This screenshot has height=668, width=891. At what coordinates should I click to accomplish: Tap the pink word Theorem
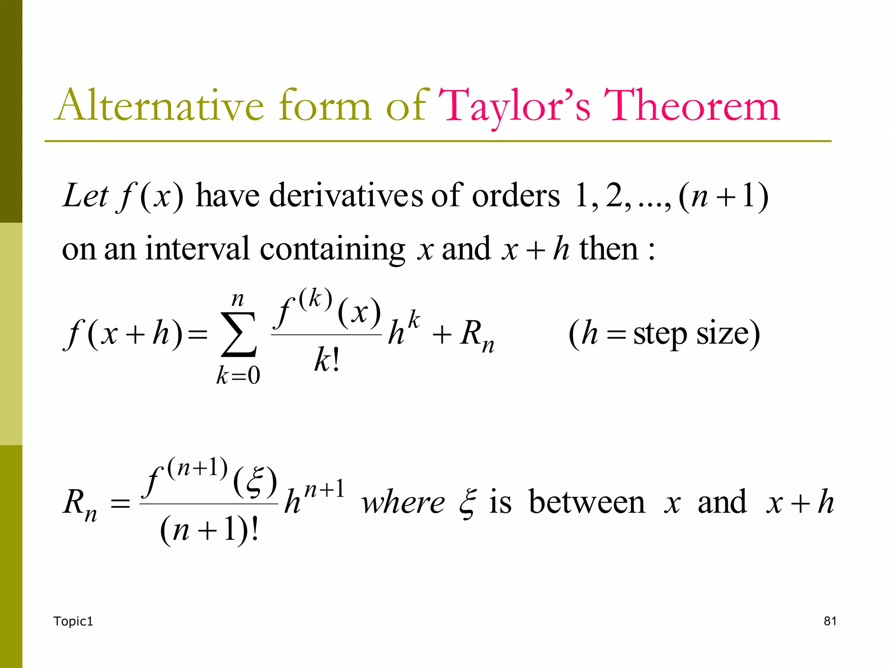pos(692,105)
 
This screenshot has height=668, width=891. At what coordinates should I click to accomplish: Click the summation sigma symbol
pos(239,334)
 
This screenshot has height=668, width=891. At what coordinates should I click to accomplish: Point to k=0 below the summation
pos(238,375)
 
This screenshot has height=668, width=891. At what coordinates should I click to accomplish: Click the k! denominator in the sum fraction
pos(326,360)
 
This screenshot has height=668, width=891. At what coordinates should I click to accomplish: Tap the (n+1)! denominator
pos(210,530)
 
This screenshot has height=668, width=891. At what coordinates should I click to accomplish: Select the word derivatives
pos(346,196)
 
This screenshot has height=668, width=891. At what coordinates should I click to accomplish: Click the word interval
pos(198,249)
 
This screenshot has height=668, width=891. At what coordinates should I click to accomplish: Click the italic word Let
pos(85,196)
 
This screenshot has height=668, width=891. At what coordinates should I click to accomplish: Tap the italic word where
pos(403,503)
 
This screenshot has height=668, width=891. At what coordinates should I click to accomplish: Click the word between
pos(587,502)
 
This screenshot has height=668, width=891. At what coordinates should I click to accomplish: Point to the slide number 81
pos(830,621)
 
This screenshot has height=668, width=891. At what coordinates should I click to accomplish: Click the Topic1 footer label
pos(73,621)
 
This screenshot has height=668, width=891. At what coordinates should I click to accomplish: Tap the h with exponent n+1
pos(292,503)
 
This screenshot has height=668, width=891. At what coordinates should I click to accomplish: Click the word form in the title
pos(325,105)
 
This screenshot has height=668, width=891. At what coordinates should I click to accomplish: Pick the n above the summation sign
pos(238,299)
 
